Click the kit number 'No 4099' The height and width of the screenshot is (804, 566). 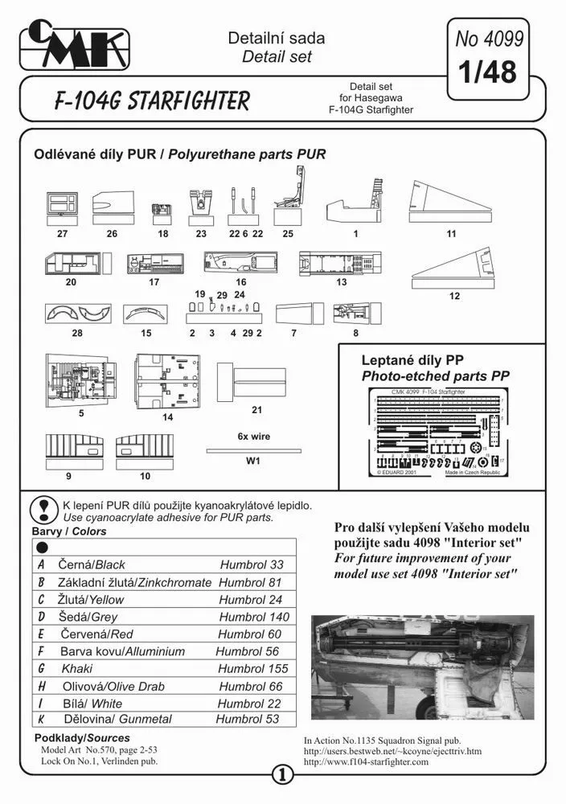(489, 37)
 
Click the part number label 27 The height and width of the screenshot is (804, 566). (62, 234)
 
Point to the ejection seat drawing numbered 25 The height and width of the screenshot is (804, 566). (289, 194)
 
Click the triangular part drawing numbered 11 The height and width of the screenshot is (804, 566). (452, 201)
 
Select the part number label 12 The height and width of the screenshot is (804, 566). (454, 296)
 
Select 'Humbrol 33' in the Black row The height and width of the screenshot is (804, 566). (252, 564)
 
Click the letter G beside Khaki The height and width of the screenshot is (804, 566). (41, 668)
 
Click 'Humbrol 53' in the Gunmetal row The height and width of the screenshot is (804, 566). (248, 720)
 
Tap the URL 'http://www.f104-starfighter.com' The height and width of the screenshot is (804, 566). (367, 761)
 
